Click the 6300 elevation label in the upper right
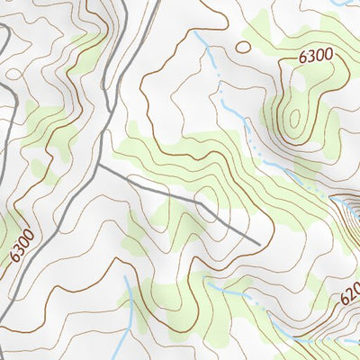point(316,56)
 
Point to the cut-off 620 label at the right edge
point(349,292)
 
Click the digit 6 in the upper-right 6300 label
point(303,58)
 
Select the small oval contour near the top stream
point(243,46)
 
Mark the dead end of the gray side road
point(259,244)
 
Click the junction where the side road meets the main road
point(98,165)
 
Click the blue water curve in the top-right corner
point(342,4)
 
